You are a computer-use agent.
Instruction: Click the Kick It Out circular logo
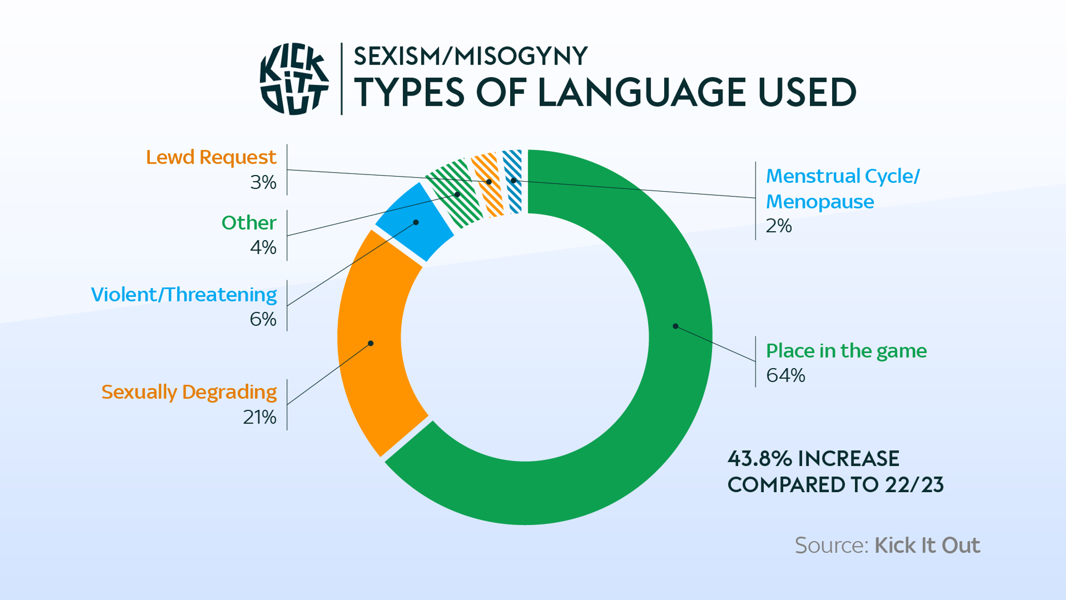(x=294, y=79)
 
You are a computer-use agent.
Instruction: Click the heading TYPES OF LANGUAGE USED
(x=605, y=93)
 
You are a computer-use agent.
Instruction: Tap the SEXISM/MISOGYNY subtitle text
(x=471, y=56)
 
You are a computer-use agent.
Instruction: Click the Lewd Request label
(x=211, y=157)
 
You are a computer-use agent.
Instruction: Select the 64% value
(x=785, y=376)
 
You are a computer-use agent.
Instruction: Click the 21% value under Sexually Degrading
(x=259, y=417)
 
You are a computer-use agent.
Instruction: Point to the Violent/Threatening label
(x=184, y=295)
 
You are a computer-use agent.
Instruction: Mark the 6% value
(x=263, y=319)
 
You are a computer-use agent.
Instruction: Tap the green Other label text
(x=249, y=223)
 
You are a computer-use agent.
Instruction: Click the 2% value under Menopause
(x=779, y=226)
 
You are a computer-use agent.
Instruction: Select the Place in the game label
(x=846, y=351)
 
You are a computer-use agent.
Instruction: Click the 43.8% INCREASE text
(x=813, y=459)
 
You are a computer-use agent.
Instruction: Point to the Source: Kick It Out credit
(x=887, y=545)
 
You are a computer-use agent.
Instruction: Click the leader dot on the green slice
(x=675, y=326)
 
